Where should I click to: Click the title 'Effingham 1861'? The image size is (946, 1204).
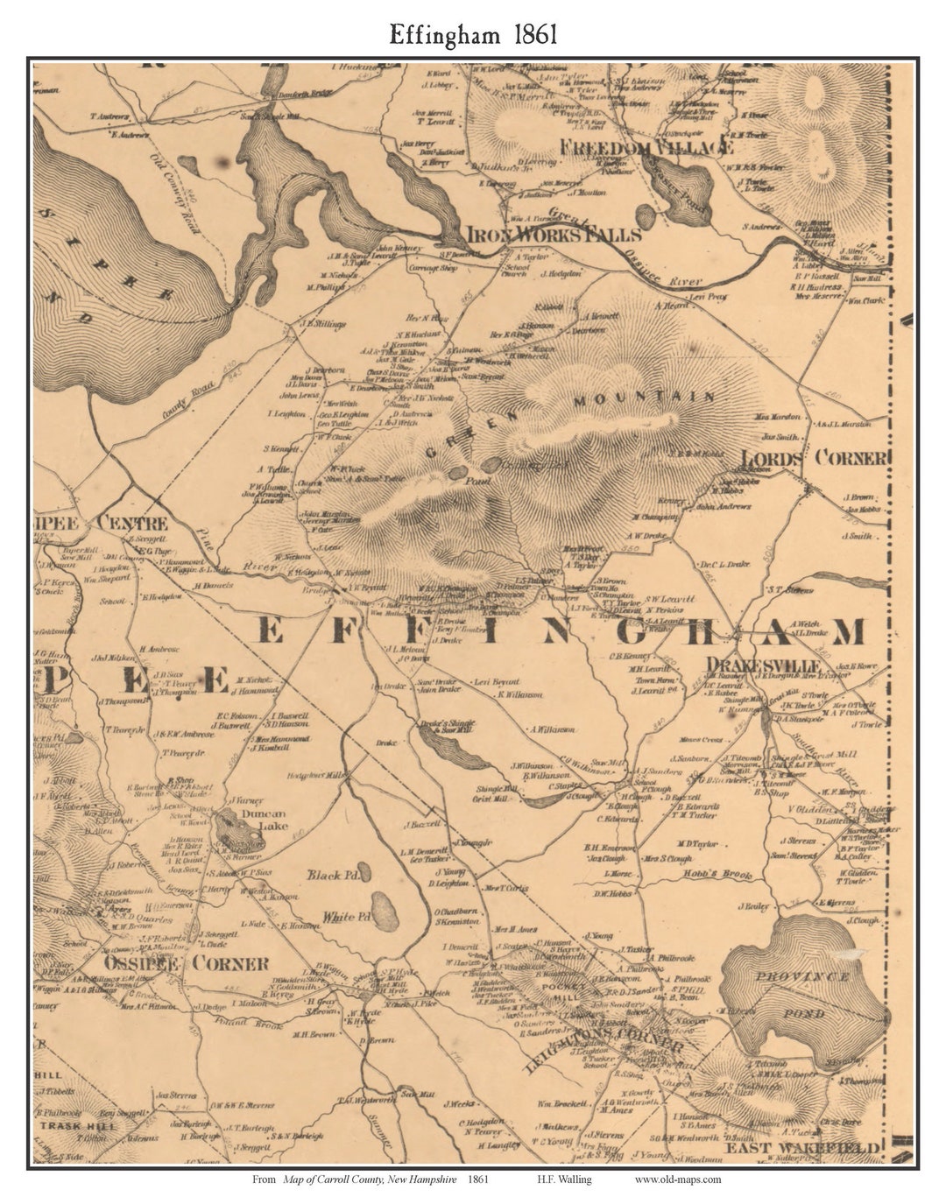click(472, 34)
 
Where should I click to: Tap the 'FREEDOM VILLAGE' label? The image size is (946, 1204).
click(646, 147)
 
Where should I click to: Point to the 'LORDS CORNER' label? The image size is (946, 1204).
click(814, 458)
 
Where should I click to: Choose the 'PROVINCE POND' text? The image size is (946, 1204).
click(803, 995)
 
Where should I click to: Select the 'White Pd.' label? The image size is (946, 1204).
click(341, 917)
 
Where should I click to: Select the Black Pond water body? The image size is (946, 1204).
click(365, 871)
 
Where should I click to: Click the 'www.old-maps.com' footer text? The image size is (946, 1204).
click(678, 1179)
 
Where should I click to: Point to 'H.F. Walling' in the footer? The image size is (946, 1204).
click(565, 1179)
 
